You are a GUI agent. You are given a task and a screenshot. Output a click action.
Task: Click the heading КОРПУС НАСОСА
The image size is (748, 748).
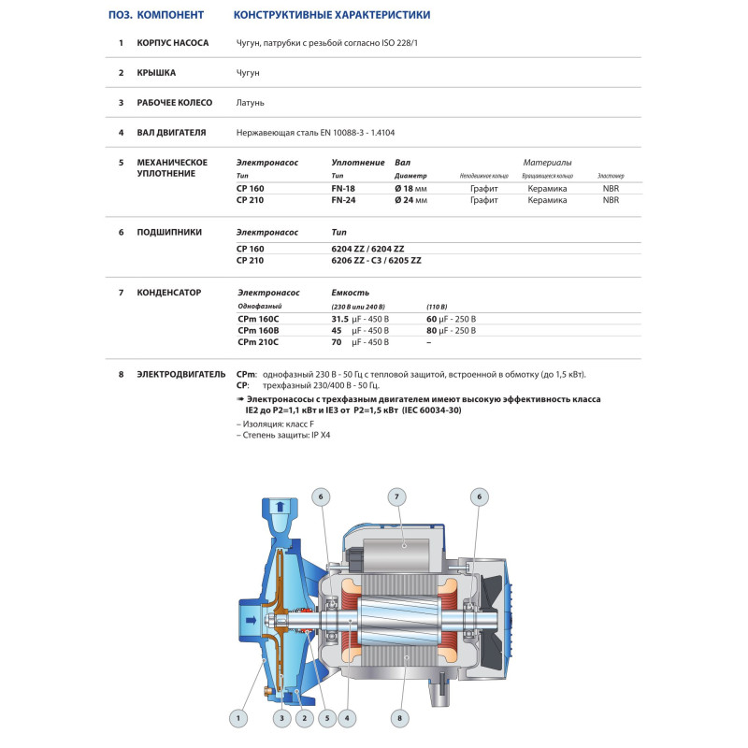point(173,43)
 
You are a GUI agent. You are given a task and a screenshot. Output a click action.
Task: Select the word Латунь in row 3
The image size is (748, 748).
point(251,102)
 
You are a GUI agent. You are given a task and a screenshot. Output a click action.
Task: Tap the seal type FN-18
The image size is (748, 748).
point(344,188)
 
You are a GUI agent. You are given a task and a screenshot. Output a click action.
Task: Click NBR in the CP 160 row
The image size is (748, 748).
point(611,188)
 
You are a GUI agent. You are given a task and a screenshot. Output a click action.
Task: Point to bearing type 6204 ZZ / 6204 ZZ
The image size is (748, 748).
point(367,249)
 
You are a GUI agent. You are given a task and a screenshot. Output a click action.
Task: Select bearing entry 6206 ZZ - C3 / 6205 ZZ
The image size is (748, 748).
point(376,260)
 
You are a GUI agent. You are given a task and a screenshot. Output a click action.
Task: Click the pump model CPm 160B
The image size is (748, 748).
point(261,330)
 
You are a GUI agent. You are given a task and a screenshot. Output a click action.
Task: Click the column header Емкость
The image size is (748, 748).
point(351,293)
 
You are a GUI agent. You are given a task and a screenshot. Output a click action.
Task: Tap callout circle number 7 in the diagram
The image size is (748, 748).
point(397,496)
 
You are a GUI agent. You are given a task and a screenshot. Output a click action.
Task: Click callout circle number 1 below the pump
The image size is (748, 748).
point(239,718)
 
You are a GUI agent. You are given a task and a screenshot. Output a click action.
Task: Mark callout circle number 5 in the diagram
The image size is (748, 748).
point(326,718)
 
